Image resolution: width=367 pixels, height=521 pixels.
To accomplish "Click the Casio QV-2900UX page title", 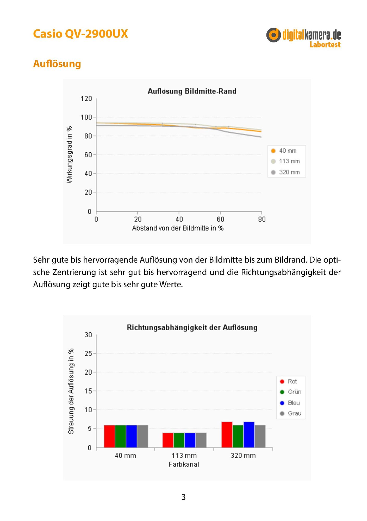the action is click(x=80, y=34).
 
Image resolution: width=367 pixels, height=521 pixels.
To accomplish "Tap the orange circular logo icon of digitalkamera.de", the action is click(x=273, y=35).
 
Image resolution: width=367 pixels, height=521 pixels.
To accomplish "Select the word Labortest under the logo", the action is click(x=325, y=45).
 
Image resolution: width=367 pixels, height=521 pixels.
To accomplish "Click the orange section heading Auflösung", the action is click(x=57, y=64).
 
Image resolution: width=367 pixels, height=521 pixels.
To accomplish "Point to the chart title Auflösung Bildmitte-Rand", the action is click(x=192, y=91).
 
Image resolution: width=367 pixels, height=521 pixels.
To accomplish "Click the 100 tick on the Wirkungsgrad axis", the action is click(x=86, y=117).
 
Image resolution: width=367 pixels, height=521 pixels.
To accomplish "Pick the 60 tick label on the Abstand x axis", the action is click(x=220, y=219).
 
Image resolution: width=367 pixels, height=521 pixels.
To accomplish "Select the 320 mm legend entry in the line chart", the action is click(x=285, y=172).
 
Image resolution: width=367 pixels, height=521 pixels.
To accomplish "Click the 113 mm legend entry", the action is click(x=285, y=161).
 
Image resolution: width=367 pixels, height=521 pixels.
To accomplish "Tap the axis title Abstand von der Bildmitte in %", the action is click(x=178, y=228).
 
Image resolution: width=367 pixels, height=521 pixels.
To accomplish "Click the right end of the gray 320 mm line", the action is click(x=261, y=137).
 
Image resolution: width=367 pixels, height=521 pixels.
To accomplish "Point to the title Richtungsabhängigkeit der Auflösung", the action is click(x=192, y=327).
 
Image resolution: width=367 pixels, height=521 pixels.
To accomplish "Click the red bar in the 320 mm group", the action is click(x=227, y=435).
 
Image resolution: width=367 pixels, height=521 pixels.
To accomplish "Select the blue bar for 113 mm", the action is click(x=190, y=440).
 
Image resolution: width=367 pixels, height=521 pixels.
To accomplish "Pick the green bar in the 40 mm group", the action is click(x=121, y=436).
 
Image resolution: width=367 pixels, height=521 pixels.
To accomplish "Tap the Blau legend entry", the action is click(x=290, y=403).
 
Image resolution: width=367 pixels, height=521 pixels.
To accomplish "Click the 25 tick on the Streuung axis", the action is click(x=88, y=353).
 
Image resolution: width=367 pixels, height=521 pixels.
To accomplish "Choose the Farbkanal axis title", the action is click(x=184, y=464).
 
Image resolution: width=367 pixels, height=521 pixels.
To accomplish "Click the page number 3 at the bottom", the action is click(x=184, y=497).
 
